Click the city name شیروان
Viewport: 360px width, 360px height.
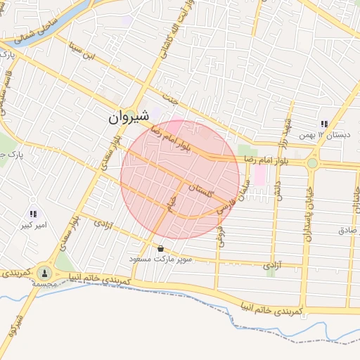(129, 118)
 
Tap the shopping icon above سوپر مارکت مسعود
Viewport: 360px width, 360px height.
(161, 248)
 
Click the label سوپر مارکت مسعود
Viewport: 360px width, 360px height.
(161, 259)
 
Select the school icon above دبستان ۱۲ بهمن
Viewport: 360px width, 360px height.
(324, 124)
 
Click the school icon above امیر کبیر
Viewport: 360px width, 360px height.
(33, 214)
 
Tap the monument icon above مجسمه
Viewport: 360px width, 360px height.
(44, 272)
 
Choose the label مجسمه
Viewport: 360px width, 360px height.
(44, 285)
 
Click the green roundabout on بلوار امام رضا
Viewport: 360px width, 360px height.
(312, 163)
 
